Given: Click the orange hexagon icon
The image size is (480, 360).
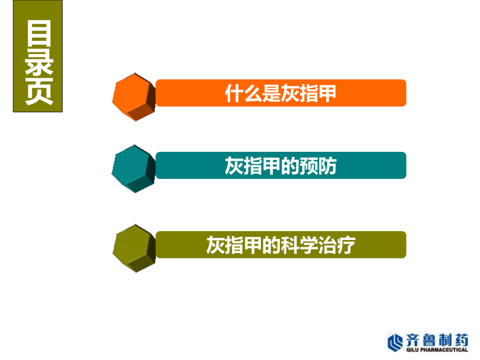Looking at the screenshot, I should point(134,97).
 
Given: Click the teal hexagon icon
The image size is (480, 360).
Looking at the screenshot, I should point(134,169).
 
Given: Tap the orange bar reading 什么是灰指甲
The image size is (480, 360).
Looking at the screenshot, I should point(281,93).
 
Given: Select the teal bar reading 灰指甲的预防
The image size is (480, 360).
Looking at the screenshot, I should point(281,165).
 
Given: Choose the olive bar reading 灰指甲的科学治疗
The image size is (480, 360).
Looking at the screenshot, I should point(281,245).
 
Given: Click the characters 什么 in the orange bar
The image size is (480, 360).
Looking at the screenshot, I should point(243,93).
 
